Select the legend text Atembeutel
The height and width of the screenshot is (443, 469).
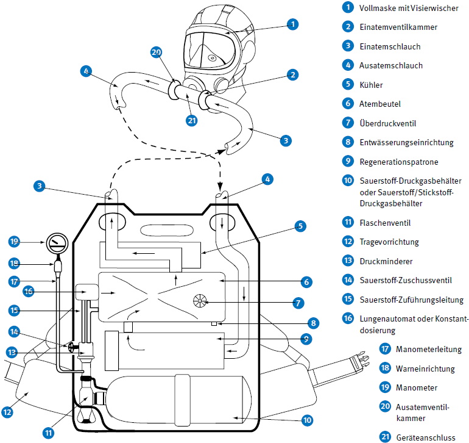(380, 104)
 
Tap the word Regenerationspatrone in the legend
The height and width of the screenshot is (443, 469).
(399, 162)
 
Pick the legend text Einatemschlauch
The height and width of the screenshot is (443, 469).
(390, 46)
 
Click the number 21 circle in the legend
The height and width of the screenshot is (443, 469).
(384, 436)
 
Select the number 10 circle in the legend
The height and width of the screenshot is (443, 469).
(348, 181)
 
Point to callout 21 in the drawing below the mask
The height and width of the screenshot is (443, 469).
(192, 120)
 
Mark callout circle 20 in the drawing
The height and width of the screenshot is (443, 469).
(157, 52)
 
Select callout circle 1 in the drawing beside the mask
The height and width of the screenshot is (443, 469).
(292, 24)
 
